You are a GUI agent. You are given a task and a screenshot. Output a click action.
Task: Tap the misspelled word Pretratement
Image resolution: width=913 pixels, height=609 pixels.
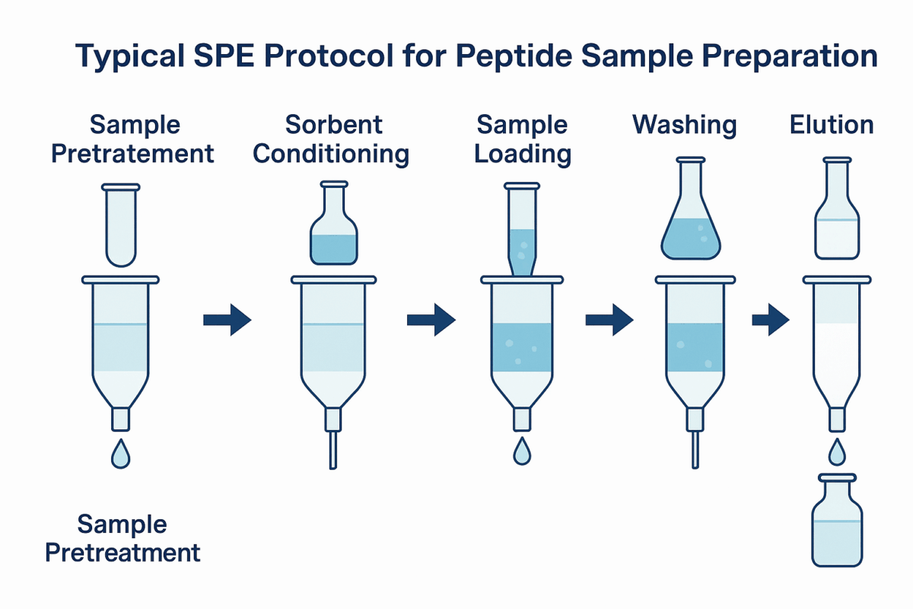[x=132, y=153]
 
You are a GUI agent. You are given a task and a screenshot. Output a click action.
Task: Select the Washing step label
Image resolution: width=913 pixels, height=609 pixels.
[x=684, y=124]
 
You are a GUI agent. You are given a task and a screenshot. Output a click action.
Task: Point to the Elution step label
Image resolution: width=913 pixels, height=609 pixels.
[x=832, y=124]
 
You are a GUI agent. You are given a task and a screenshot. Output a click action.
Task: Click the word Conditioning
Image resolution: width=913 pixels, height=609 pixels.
[x=331, y=153]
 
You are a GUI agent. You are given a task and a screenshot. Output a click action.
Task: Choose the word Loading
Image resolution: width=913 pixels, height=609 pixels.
[x=523, y=153]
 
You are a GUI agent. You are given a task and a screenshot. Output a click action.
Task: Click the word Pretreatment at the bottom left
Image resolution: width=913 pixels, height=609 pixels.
[x=122, y=552]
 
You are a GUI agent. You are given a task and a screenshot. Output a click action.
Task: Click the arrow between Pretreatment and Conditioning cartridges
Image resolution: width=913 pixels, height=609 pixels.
[x=227, y=320]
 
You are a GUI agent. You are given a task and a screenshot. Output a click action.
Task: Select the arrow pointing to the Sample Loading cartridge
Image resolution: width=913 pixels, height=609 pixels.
[x=431, y=320]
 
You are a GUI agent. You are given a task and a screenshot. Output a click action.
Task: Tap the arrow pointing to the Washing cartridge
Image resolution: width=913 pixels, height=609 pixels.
[x=609, y=320]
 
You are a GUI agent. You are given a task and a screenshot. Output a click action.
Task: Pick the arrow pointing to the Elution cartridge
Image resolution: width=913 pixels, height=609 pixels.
[x=770, y=320]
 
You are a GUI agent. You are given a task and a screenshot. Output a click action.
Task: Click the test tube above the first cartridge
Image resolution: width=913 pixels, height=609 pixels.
[x=120, y=225]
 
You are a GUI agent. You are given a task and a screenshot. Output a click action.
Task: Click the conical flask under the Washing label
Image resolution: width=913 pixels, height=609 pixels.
[x=690, y=217]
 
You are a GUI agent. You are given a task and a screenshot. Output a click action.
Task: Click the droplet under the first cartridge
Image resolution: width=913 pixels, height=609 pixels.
[x=120, y=454]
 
